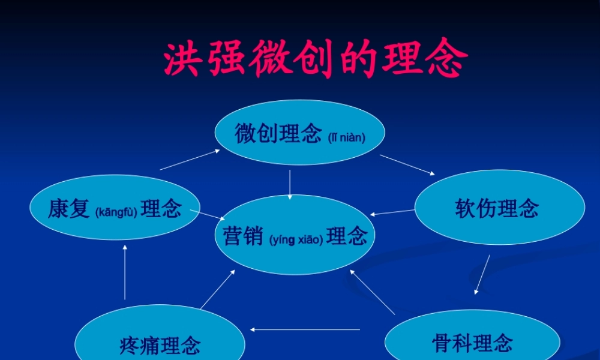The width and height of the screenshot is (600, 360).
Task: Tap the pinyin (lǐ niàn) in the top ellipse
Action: pyautogui.click(x=347, y=137)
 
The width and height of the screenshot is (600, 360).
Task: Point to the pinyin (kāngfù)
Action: pyautogui.click(x=116, y=211)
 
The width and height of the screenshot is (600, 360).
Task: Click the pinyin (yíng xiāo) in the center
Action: pyautogui.click(x=296, y=240)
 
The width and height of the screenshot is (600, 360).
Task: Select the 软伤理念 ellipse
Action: pyautogui.click(x=499, y=208)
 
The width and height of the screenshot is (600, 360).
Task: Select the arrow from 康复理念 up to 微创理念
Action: pyautogui.click(x=190, y=160)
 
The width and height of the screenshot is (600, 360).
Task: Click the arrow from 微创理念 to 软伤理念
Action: pyautogui.click(x=407, y=164)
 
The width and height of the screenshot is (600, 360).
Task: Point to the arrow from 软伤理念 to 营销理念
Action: pyautogui.click(x=392, y=212)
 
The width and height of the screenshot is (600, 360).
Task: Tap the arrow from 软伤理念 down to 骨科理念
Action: pyautogui.click(x=482, y=274)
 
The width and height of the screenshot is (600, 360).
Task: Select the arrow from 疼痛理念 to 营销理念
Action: pyautogui.click(x=217, y=289)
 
